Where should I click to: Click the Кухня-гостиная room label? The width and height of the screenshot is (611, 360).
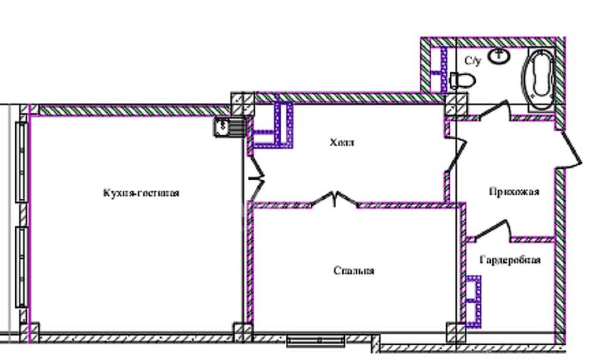[141, 193]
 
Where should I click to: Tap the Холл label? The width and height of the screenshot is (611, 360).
[341, 143]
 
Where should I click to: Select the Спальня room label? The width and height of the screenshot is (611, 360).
[354, 271]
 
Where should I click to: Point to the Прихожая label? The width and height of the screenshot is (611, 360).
[514, 192]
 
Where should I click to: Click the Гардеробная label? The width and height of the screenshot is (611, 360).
[510, 259]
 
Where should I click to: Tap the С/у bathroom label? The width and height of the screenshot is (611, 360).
[473, 61]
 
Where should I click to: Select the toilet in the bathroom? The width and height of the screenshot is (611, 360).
[462, 81]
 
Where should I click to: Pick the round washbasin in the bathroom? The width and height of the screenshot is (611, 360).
[499, 56]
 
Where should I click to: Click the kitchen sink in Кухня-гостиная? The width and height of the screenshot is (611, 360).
[229, 127]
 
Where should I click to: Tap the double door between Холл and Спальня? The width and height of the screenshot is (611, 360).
[334, 198]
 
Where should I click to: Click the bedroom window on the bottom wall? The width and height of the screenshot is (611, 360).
[316, 341]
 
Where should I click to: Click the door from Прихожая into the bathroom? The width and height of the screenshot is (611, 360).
[495, 110]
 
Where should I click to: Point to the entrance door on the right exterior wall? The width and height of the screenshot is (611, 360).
[571, 149]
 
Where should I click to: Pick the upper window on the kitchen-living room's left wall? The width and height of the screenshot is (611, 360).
[22, 162]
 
